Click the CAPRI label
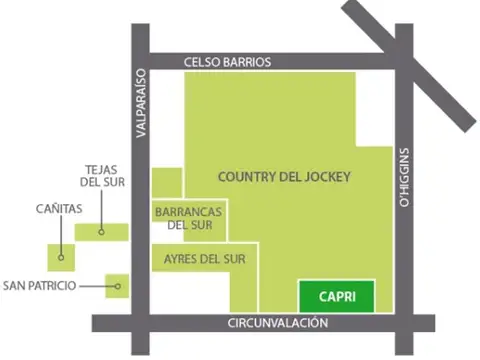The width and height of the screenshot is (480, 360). [335, 296]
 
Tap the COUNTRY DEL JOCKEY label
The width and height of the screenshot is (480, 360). [283, 177]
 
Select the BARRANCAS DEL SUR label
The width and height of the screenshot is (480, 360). [188, 218]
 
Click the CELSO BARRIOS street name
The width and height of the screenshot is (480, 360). [227, 62]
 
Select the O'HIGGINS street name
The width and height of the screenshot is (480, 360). [404, 174]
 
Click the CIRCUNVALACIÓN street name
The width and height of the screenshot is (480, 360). [278, 323]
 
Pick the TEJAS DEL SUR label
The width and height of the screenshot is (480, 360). [103, 176]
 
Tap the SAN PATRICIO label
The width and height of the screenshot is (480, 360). [40, 286]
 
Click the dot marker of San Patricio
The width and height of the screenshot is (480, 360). [118, 287]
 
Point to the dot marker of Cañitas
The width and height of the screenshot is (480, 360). [62, 257]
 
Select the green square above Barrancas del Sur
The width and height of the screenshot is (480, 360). [167, 182]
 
